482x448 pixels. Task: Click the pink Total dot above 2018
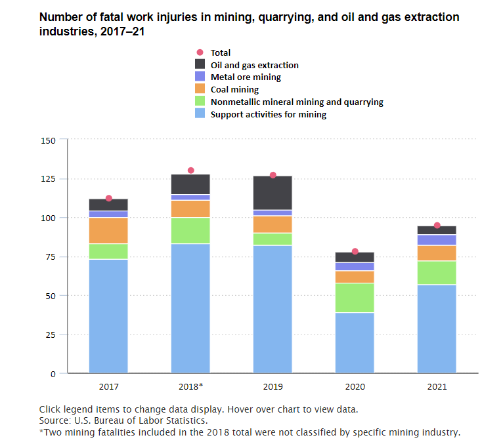point(191,171)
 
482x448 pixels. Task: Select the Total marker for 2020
point(355,251)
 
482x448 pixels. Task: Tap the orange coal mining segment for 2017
point(108,230)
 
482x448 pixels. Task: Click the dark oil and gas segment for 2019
point(273,193)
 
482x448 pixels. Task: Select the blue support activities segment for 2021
point(437,329)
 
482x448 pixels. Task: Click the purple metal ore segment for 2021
point(437,240)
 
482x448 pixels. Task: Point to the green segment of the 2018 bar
point(191,230)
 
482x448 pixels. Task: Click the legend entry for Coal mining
point(234,89)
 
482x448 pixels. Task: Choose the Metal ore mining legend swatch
point(202,77)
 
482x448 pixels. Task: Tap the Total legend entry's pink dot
point(202,52)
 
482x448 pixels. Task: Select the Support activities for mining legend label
point(268,114)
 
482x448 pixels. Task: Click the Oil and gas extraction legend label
point(254,65)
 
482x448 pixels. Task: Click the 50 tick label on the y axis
point(51,296)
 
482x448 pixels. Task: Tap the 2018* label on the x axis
point(191,386)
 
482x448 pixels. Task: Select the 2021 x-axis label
point(437,386)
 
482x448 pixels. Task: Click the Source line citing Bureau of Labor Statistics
point(123,420)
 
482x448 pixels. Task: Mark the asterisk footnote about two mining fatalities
point(250,432)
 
